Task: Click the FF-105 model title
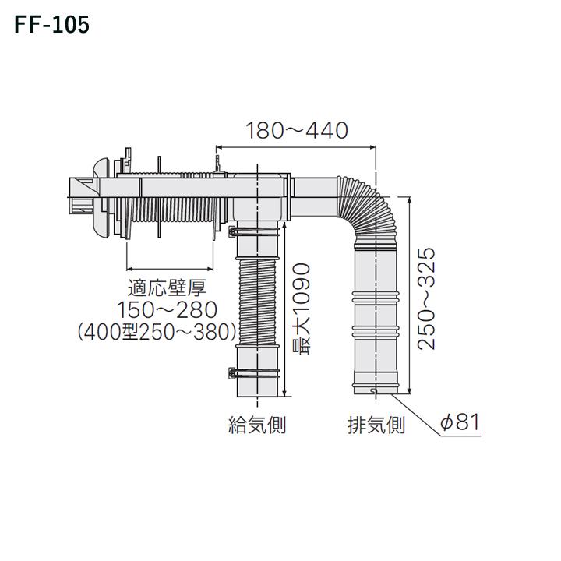[51, 25]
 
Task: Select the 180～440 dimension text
[296, 130]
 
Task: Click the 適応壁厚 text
[155, 288]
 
